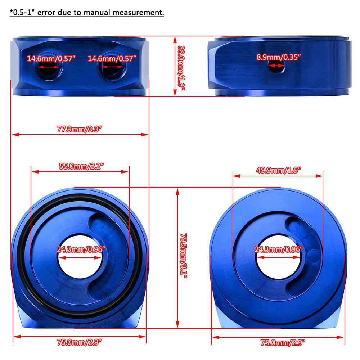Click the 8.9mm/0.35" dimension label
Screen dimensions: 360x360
(x=278, y=57)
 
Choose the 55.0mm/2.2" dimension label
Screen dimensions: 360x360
(x=81, y=166)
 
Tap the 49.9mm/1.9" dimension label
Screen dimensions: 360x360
(x=278, y=170)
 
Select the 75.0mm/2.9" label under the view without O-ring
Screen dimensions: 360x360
(x=283, y=342)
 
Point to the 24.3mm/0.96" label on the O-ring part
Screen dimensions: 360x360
(x=81, y=249)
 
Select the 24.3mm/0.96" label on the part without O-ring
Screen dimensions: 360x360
(x=279, y=249)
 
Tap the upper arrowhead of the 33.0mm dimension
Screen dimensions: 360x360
(x=175, y=39)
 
